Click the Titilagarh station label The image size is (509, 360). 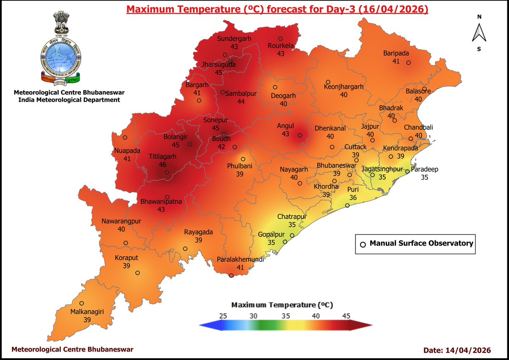[162, 156]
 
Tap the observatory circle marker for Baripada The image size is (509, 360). [408, 63]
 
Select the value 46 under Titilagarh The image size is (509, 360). [162, 164]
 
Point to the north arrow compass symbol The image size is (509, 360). [479, 33]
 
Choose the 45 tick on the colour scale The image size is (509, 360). [346, 316]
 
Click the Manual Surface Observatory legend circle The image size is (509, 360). [363, 244]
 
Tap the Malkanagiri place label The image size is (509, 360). [87, 312]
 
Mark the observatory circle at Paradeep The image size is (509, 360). [407, 172]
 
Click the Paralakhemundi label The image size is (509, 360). [241, 260]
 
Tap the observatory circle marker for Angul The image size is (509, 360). [299, 136]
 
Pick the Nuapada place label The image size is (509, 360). [127, 151]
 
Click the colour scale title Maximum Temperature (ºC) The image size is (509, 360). [282, 305]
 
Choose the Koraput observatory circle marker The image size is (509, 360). [137, 273]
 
